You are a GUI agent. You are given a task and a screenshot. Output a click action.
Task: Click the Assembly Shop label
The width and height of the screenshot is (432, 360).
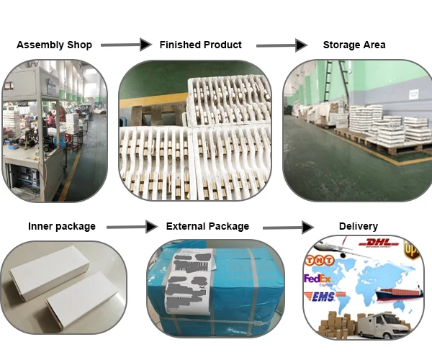tap(54, 45)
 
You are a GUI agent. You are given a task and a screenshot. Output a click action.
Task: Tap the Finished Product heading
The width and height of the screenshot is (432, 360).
tap(200, 45)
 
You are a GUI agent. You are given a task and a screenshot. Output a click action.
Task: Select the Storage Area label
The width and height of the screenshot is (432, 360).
tap(354, 45)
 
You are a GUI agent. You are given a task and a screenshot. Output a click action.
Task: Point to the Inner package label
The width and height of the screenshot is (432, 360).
tap(61, 226)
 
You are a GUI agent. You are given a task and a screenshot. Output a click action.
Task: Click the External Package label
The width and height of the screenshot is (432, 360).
tap(207, 226)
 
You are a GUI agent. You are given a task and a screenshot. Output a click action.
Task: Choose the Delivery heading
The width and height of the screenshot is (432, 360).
tap(358, 226)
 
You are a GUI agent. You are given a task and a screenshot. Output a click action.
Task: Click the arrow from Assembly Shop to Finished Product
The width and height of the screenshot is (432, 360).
tap(126, 45)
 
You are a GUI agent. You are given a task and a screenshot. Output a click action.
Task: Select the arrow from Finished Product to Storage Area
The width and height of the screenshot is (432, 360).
tap(282, 45)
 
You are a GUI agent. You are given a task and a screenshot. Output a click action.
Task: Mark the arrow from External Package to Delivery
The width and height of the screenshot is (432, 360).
tap(288, 228)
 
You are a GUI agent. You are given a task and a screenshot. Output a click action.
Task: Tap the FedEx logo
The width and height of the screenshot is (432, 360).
tap(318, 279)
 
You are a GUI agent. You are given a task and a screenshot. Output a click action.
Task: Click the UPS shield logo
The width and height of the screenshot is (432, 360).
tap(410, 250)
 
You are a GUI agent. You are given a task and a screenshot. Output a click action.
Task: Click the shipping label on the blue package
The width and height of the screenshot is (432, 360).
tap(186, 284)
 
